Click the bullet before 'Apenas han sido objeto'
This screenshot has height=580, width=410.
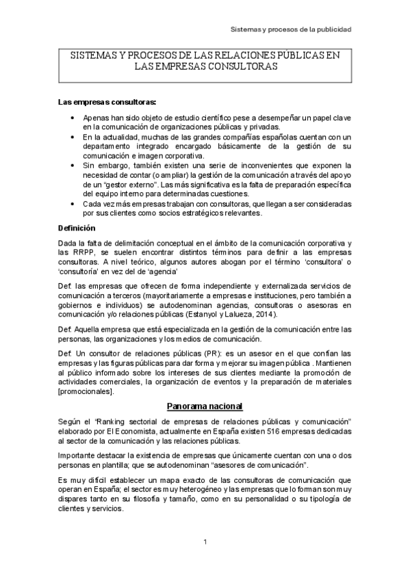pyautogui.click(x=74, y=118)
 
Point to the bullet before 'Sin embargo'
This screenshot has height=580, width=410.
pyautogui.click(x=74, y=166)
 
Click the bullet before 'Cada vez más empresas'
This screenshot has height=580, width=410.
pyautogui.click(x=74, y=204)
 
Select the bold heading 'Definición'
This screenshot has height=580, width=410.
pyautogui.click(x=77, y=228)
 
